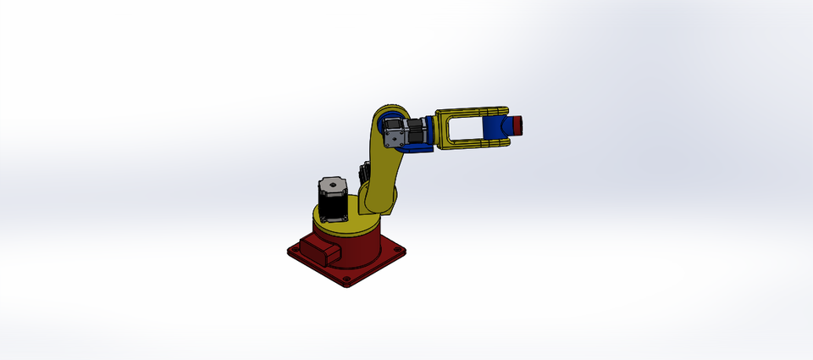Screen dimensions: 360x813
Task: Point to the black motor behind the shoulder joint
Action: tap(365, 173)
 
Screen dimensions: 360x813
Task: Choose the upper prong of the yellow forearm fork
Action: tap(470, 112)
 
